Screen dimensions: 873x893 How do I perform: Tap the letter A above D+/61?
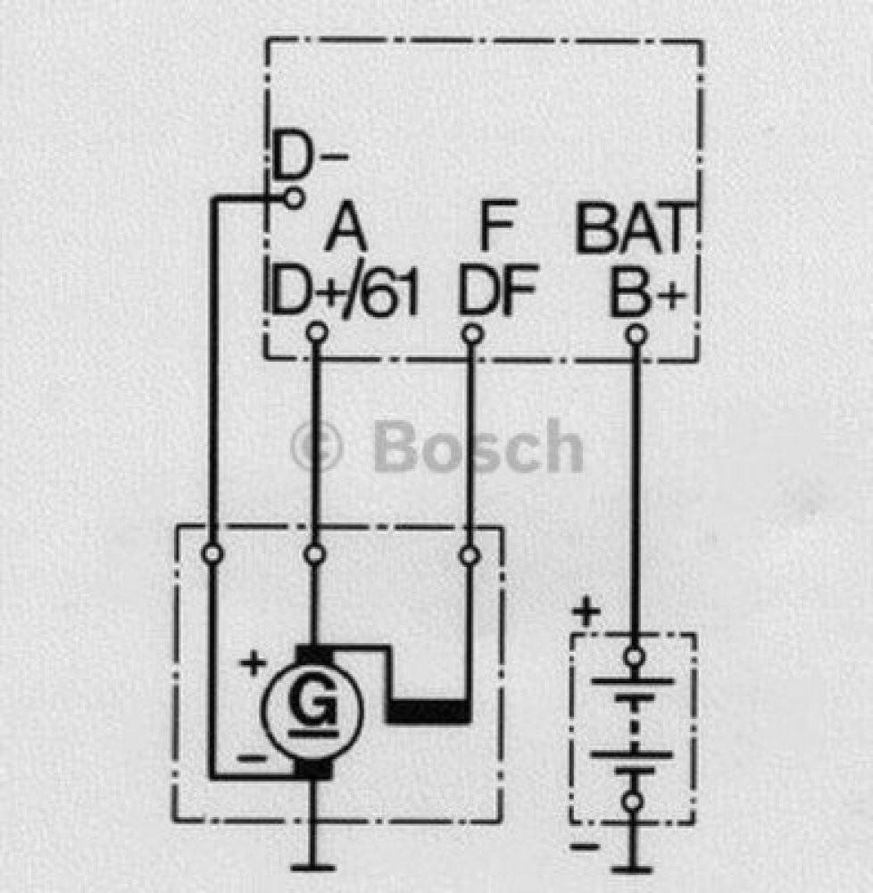coord(346,230)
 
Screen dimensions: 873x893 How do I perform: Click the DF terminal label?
coord(497,291)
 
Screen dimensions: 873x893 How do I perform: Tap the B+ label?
coord(647,292)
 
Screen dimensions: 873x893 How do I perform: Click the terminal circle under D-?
coord(293,198)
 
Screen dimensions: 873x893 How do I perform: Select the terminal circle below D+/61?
coord(316,332)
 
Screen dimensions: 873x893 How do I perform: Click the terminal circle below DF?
coord(471,333)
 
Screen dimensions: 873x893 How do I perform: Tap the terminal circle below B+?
coord(636,334)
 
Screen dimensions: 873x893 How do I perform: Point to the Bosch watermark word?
coord(478,446)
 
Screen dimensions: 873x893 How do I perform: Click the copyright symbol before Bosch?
coord(316,446)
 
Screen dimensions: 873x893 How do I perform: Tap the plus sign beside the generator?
coord(253,663)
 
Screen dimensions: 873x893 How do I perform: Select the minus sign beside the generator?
coord(251,758)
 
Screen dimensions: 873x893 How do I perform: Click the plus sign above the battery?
coord(586,613)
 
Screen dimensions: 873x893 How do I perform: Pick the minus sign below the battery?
coord(585,847)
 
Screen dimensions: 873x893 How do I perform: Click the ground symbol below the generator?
coord(312,868)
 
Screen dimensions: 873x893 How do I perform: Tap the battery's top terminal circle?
coord(634,656)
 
